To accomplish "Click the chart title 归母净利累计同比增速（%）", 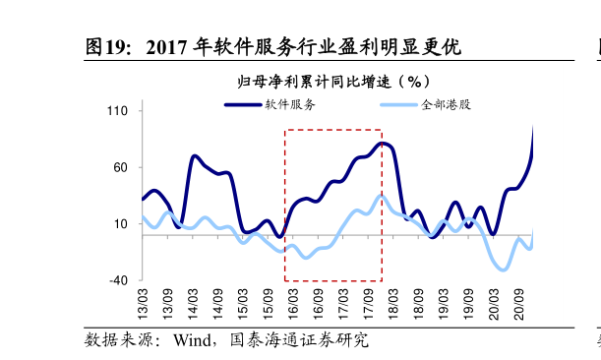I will (335, 81).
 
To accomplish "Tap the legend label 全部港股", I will (446, 104).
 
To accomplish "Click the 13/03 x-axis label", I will (143, 302).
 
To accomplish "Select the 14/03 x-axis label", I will (193, 302).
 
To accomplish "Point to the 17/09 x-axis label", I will (369, 302).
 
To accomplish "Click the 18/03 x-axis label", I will (393, 302).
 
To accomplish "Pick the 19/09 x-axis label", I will (469, 302).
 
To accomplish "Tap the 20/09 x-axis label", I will (519, 302).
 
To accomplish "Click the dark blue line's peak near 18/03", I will (383, 144).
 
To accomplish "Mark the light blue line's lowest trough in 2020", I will (504, 269).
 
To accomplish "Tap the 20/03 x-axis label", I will (494, 302).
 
